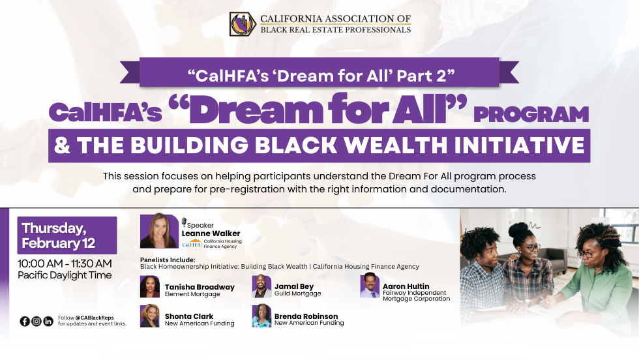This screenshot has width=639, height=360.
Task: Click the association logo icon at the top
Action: (x=242, y=24)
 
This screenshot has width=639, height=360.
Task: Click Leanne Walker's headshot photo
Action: (x=158, y=231)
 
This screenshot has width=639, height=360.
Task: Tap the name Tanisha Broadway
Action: (x=200, y=287)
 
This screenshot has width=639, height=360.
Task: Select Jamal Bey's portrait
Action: (x=262, y=287)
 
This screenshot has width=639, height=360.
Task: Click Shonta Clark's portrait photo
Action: (x=150, y=316)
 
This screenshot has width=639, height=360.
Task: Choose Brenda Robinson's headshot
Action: (x=262, y=316)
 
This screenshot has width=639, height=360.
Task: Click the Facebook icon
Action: (x=25, y=321)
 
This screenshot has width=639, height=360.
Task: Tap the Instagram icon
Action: (x=37, y=321)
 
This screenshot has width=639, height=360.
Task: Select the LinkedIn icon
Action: (x=48, y=321)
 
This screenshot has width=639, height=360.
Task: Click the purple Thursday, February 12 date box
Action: (x=67, y=235)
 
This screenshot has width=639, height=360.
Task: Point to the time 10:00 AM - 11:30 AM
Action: (x=65, y=263)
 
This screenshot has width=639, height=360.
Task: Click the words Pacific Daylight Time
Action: (x=65, y=275)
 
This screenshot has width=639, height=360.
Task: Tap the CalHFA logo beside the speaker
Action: (x=192, y=244)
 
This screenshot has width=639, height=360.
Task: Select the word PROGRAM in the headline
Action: (x=531, y=114)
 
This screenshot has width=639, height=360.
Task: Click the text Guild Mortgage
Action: (x=297, y=294)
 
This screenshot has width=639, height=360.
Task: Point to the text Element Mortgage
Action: (x=192, y=294)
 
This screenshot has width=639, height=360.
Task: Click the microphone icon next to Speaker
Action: (x=184, y=222)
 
